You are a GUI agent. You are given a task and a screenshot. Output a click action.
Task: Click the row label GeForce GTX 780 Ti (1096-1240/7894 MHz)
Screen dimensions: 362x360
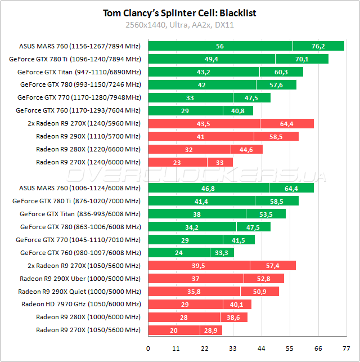click(x=75, y=59)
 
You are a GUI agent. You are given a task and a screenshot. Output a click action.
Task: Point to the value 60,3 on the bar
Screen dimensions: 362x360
click(x=281, y=72)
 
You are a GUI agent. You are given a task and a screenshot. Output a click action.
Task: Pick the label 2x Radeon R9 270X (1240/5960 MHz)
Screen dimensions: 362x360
click(x=84, y=123)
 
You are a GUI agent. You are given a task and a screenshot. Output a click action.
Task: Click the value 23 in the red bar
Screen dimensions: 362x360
click(x=177, y=162)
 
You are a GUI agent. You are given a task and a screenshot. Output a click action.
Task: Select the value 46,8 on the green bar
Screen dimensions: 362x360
click(x=208, y=188)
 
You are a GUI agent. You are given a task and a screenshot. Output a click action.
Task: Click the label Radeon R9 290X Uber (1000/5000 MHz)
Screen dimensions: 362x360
click(x=80, y=278)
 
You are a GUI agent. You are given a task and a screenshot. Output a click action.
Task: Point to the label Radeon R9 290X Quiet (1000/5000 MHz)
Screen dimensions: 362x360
click(x=79, y=292)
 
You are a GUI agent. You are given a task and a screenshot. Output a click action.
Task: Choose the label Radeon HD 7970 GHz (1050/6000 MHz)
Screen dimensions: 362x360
click(x=81, y=304)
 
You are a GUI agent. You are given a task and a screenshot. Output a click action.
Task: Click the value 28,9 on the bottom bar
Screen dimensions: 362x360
click(x=211, y=330)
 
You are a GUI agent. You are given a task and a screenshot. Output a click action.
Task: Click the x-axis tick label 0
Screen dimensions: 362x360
click(x=148, y=348)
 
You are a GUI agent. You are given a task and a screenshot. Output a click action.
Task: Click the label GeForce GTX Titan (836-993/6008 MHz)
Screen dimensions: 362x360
click(x=80, y=214)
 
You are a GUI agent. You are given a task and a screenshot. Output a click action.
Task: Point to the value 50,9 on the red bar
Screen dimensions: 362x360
click(x=260, y=292)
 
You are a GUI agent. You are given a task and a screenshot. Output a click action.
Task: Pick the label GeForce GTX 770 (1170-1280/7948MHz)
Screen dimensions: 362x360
click(x=79, y=97)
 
